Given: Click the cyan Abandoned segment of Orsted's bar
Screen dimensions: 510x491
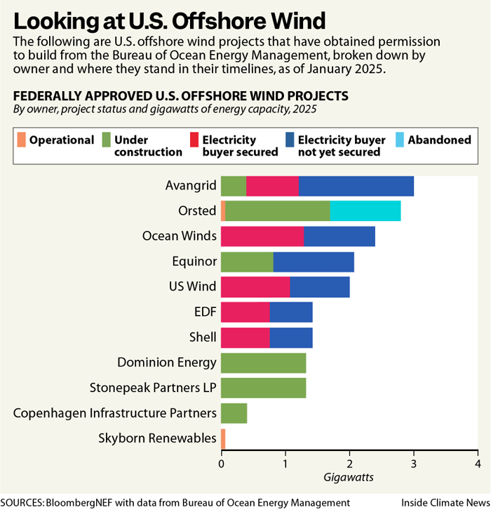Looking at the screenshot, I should coord(365,211).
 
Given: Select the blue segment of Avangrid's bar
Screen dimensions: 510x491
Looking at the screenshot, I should coord(356,186).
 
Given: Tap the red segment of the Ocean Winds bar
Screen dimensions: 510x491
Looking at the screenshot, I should coord(262,237).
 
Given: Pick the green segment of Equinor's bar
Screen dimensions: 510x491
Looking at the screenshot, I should coord(247,262).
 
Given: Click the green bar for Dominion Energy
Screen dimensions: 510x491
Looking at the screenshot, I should coord(263,363).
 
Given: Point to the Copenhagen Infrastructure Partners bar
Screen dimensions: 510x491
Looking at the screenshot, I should coord(234,413).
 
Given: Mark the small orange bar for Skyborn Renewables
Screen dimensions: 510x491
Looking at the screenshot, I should coord(223,439).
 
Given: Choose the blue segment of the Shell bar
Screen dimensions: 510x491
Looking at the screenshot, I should coord(291,338).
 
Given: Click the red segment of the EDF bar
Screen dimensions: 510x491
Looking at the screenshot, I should coord(245,313).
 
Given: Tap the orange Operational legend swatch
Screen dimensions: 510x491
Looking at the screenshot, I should coord(20,139).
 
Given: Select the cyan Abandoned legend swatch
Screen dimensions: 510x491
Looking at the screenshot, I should coord(396,139).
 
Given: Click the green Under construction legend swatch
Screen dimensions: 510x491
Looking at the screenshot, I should coord(107,139).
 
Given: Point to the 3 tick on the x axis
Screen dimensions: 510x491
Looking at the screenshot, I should coord(413,463).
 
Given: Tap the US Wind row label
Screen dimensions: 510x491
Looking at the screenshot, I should coord(192,288).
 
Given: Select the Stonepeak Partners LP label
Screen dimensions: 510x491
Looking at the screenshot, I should coord(153,388).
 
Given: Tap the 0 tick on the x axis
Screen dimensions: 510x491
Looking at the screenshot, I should coord(221,463).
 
